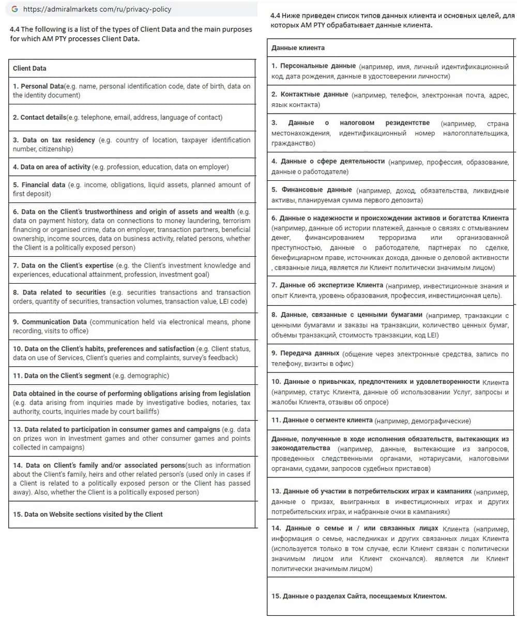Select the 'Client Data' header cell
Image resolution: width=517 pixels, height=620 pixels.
pos(29,68)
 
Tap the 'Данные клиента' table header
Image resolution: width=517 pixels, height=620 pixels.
pos(298,48)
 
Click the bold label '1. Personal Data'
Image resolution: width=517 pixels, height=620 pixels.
pos(38,86)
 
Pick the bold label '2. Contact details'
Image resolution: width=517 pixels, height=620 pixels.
pos(39,117)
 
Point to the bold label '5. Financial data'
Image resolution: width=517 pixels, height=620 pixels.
pos(39,184)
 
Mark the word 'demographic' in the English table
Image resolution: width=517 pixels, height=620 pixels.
pos(148,376)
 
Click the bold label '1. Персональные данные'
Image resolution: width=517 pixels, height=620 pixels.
pos(314,66)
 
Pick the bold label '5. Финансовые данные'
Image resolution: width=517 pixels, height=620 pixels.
pos(312,190)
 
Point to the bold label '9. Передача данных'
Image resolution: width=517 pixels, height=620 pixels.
pos(306,353)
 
